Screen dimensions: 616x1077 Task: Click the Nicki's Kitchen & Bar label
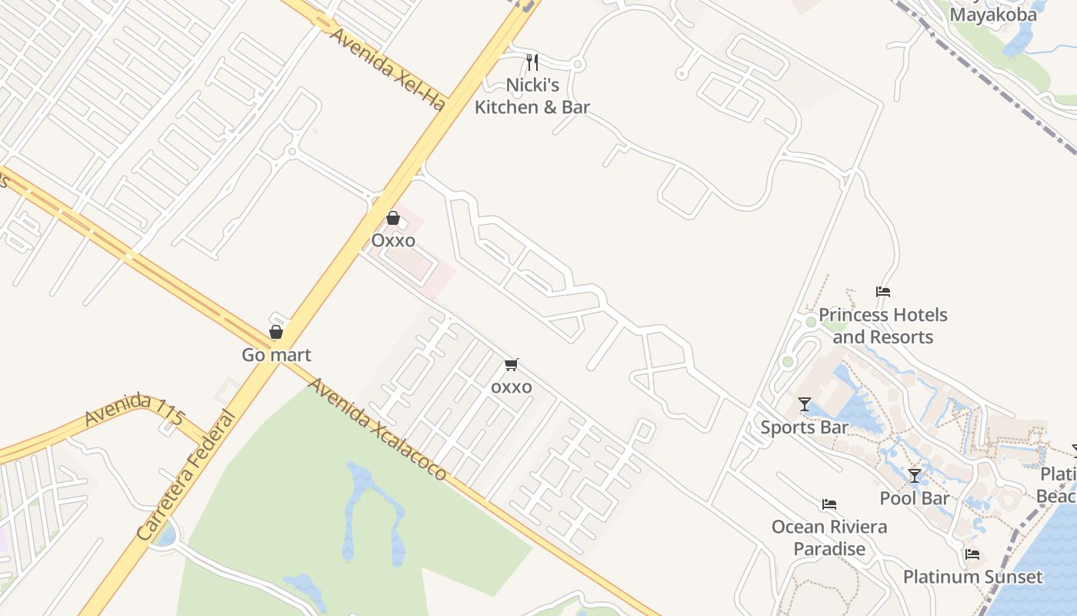point(532,96)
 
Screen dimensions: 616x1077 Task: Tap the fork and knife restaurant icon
point(532,62)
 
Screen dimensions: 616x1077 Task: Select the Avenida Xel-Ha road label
point(388,69)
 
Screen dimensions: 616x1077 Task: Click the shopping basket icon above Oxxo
point(393,218)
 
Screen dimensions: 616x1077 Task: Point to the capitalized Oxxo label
point(393,241)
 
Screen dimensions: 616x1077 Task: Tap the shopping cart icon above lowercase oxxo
point(512,364)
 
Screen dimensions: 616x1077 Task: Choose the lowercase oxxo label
point(512,387)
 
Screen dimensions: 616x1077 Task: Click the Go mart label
point(276,355)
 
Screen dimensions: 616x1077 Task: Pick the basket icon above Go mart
point(276,332)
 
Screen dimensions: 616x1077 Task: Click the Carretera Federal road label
point(186,475)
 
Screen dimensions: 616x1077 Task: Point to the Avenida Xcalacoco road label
point(377,428)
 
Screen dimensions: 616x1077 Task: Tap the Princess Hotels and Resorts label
point(882,326)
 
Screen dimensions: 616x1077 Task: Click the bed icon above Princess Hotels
point(883,292)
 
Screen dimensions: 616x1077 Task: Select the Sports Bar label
point(805,427)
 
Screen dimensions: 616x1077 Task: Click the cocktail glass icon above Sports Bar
point(805,404)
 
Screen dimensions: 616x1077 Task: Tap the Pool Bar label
point(915,498)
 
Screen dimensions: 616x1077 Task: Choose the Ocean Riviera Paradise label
point(829,537)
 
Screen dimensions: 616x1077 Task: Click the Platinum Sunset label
point(972,577)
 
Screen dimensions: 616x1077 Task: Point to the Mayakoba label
point(993,15)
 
